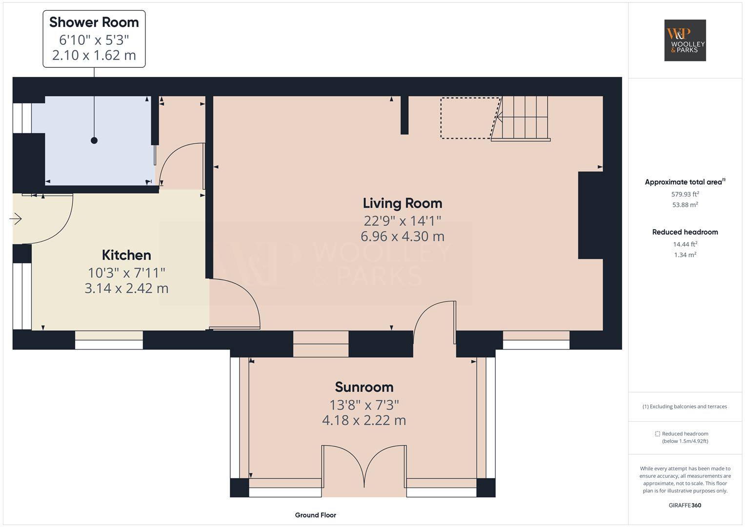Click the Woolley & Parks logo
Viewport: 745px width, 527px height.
685,40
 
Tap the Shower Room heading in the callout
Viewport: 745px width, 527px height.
94,22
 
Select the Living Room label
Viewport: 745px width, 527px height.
403,203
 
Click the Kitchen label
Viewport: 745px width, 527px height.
126,255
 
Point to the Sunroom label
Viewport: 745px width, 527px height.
364,387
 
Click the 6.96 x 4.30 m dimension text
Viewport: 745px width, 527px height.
403,236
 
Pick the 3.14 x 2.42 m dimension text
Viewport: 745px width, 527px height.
126,288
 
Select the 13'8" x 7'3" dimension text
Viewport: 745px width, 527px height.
364,405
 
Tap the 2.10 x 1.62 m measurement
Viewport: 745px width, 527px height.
94,55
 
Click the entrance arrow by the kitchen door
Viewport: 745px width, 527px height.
15,219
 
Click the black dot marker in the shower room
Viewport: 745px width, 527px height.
94,141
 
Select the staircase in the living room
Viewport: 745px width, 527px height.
521,119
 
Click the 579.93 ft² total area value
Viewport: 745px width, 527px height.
685,194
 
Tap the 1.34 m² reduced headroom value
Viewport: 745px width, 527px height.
685,255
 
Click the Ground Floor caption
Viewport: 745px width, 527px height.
315,515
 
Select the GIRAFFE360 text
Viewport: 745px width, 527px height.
685,505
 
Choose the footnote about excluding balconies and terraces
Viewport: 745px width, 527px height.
685,406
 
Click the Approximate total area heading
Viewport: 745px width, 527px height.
685,182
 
